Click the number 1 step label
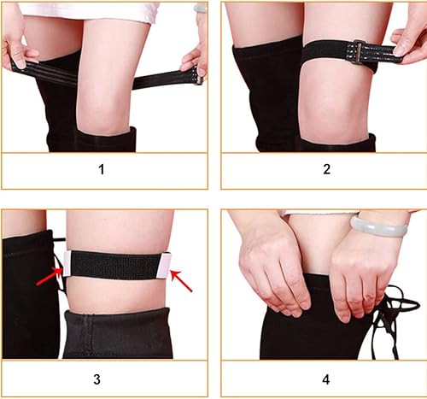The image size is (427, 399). pos(102,168)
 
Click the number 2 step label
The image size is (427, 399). pos(325,168)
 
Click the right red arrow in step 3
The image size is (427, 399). pos(180,279)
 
